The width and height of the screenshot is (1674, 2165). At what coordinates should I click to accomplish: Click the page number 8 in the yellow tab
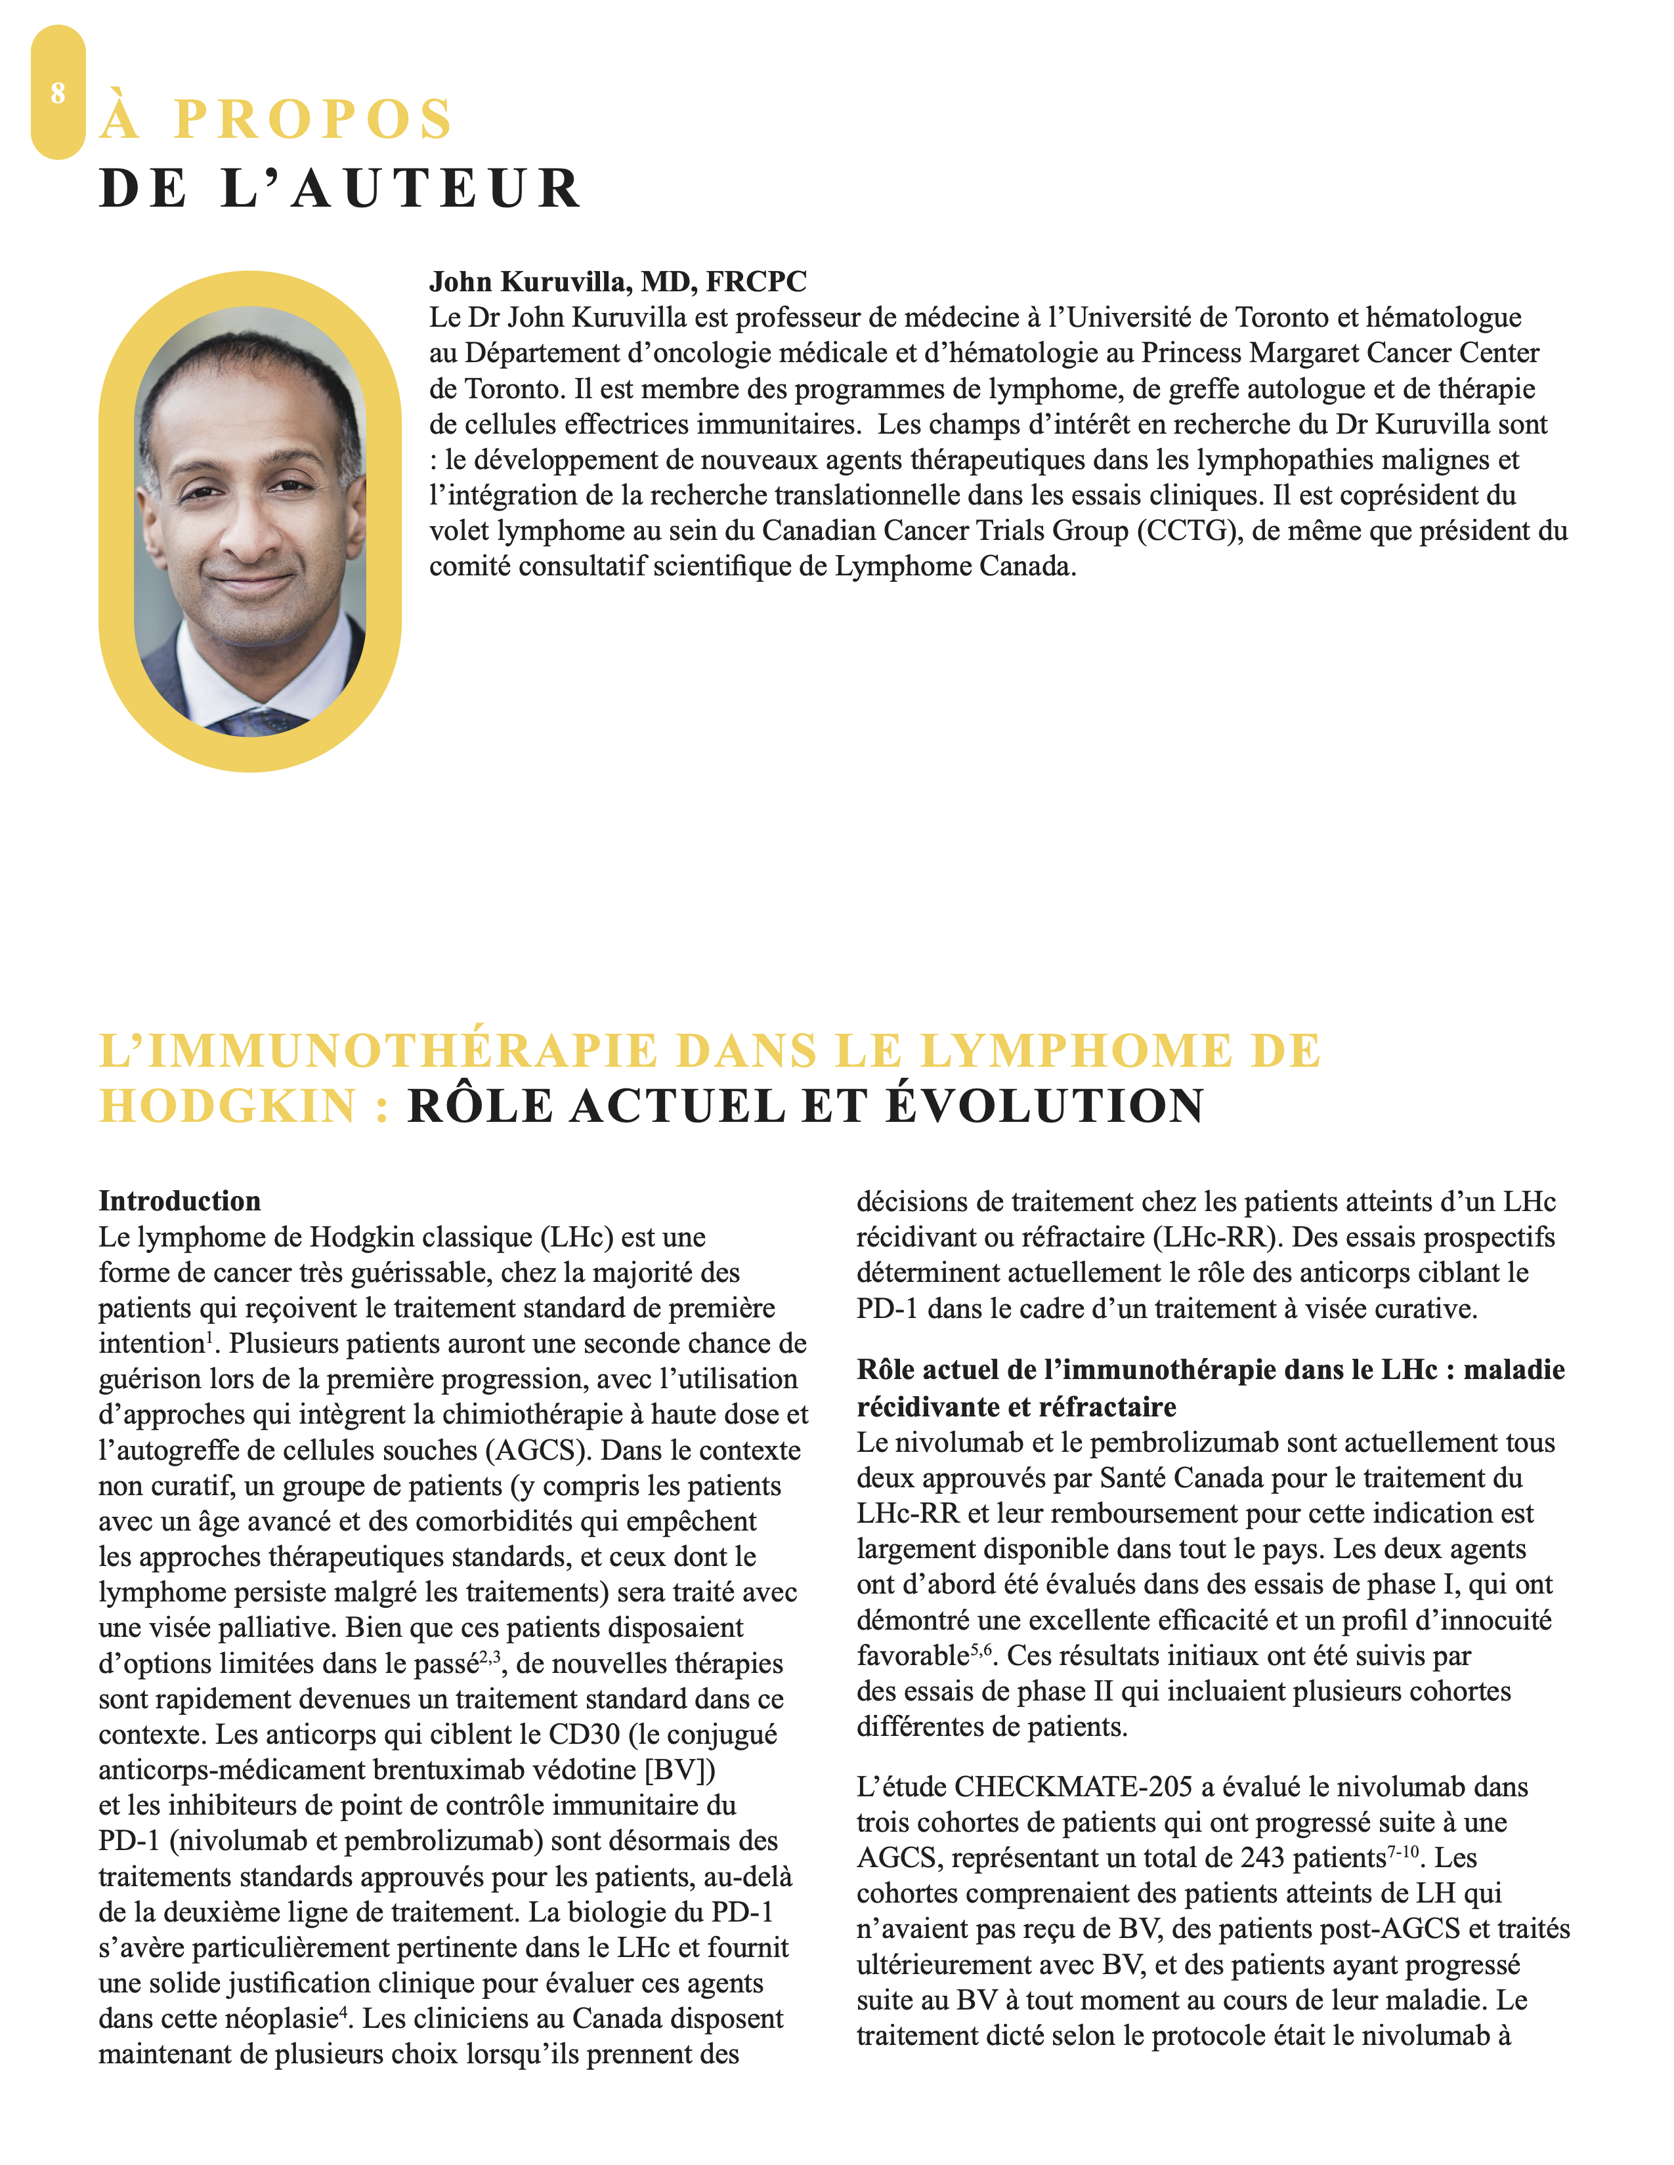click(58, 93)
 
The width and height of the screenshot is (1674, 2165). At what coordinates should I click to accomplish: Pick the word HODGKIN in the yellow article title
click(228, 1106)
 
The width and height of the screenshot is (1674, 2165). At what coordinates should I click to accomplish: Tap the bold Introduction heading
click(179, 1201)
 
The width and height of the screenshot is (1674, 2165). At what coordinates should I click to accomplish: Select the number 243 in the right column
click(1262, 1858)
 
